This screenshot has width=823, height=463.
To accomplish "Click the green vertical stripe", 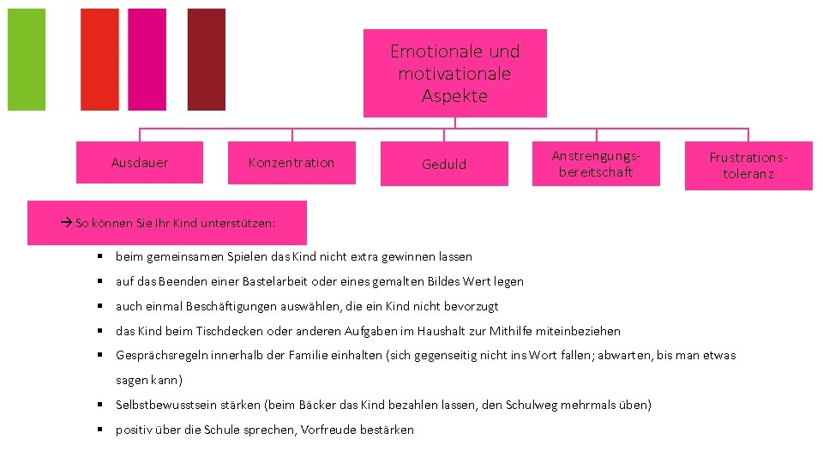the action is (26, 59).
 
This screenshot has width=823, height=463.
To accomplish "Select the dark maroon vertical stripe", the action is (206, 59).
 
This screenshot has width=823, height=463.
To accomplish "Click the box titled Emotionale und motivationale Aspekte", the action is (454, 73).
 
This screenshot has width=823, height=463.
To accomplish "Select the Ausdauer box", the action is (140, 162).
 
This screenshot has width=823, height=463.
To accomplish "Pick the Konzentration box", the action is (291, 162).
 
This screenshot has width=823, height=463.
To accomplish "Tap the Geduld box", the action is (444, 164).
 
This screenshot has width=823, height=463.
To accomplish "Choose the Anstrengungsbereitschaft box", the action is (596, 164).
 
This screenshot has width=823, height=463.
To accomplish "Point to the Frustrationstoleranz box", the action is (748, 165).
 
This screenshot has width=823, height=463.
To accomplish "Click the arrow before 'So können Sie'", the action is (68, 223).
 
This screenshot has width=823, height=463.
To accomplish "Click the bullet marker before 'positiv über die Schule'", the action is (100, 430).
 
